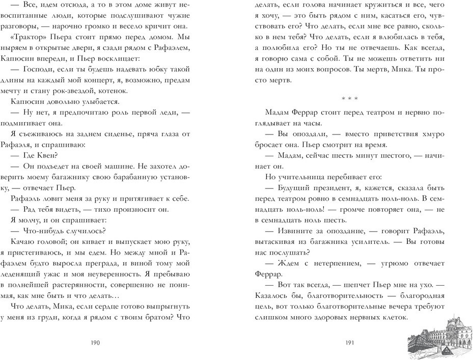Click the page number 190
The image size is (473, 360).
95,343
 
